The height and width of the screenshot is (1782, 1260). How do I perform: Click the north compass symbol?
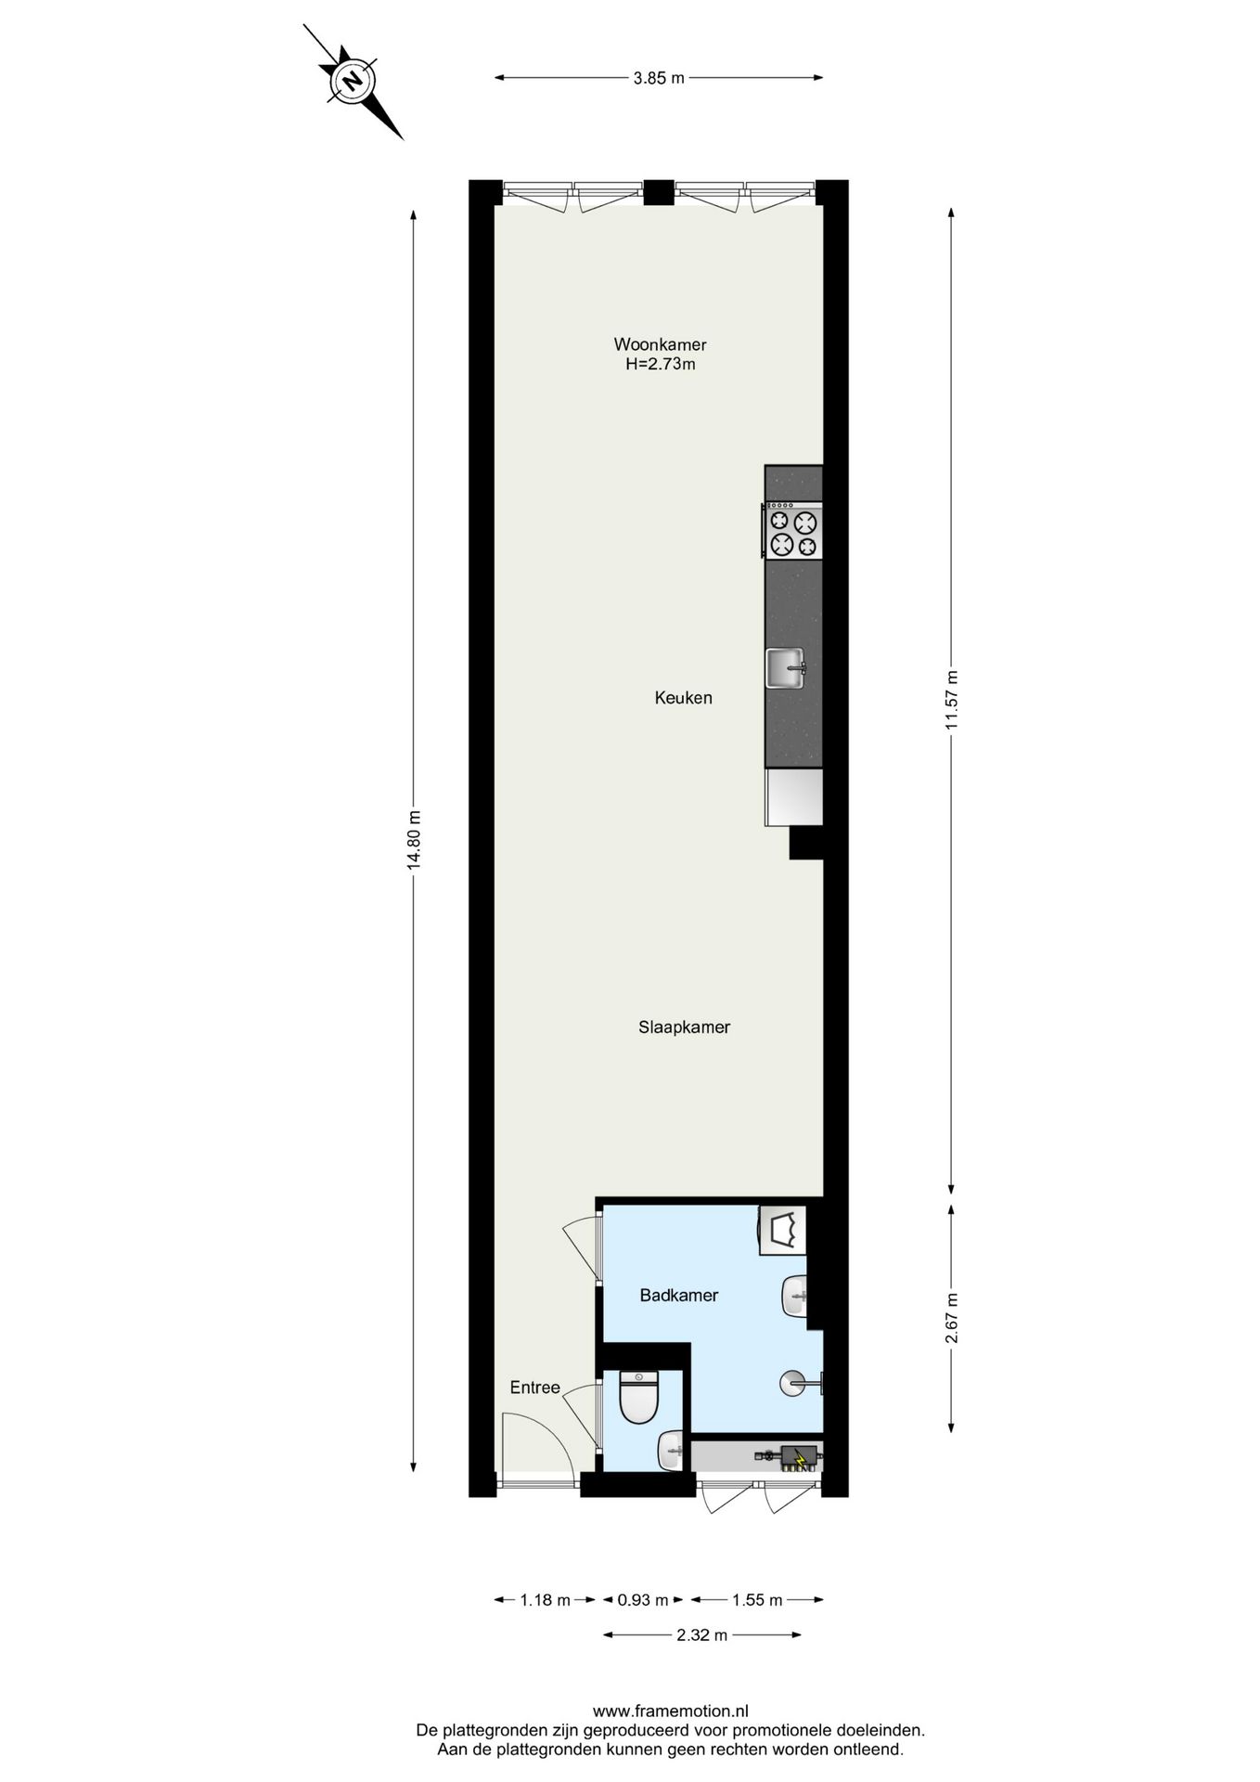click(x=353, y=81)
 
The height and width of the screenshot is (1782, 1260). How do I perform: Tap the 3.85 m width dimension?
click(x=659, y=79)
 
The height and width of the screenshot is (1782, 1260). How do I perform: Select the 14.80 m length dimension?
click(x=414, y=839)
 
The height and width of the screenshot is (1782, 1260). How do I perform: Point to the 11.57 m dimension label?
click(x=951, y=701)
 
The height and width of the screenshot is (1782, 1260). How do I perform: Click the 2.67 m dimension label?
click(x=951, y=1318)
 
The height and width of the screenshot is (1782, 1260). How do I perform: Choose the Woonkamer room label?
click(x=661, y=345)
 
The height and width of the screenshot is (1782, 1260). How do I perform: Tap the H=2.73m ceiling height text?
click(x=661, y=365)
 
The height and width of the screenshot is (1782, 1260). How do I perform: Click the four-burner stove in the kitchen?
click(x=793, y=531)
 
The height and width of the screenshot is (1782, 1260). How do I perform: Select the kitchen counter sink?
click(x=786, y=668)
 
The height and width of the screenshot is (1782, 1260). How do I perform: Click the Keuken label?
click(x=684, y=698)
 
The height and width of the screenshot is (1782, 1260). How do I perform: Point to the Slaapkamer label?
click(x=685, y=1027)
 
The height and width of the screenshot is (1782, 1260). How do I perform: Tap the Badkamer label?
click(x=679, y=1296)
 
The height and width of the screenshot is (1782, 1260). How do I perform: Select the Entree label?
click(x=535, y=1388)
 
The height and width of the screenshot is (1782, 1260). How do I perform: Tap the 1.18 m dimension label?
click(x=546, y=1600)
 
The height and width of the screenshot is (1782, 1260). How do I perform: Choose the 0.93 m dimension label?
click(x=644, y=1600)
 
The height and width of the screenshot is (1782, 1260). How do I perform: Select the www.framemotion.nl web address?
click(x=671, y=1711)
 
